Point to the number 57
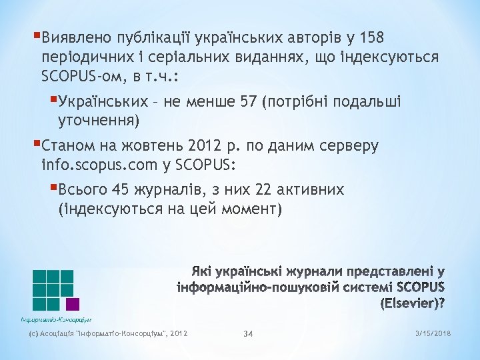[x=248, y=102]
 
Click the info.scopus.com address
[x=107, y=165]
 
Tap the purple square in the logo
[x=73, y=303]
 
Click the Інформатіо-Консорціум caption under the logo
[x=56, y=319]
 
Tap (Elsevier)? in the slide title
[x=413, y=303]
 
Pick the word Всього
[x=83, y=190]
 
